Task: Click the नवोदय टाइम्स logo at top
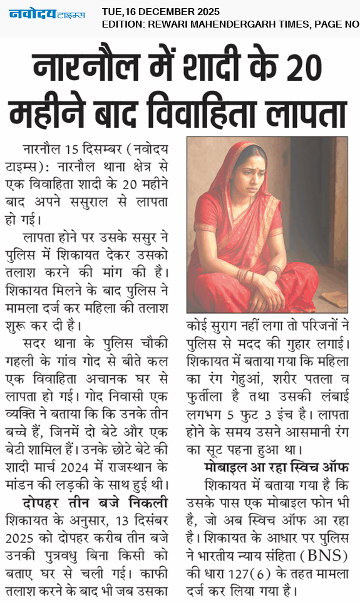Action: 46,14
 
